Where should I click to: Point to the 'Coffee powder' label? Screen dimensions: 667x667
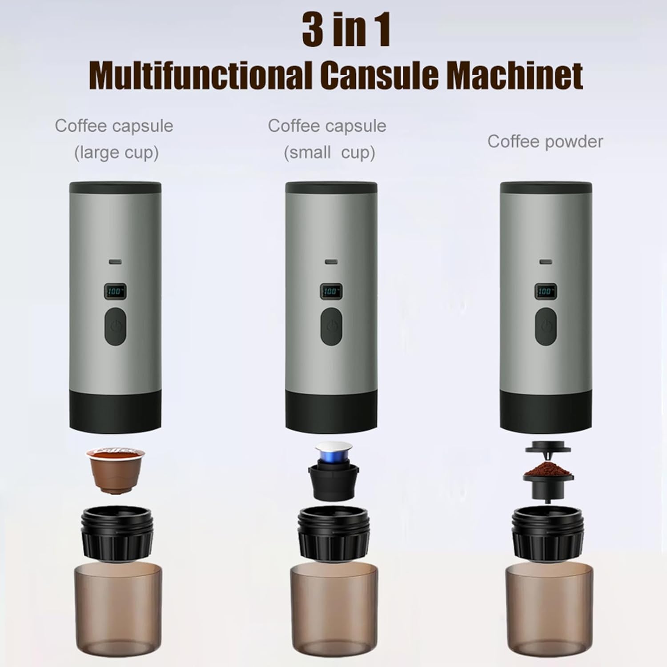click(545, 141)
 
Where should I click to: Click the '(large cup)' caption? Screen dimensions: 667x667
click(116, 153)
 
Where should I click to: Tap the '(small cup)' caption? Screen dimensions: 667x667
click(329, 153)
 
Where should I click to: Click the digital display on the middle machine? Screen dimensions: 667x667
click(331, 291)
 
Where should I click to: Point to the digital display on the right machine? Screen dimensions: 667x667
click(545, 291)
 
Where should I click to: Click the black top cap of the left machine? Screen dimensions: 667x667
click(115, 187)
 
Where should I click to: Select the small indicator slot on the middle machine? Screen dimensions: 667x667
click(331, 262)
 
